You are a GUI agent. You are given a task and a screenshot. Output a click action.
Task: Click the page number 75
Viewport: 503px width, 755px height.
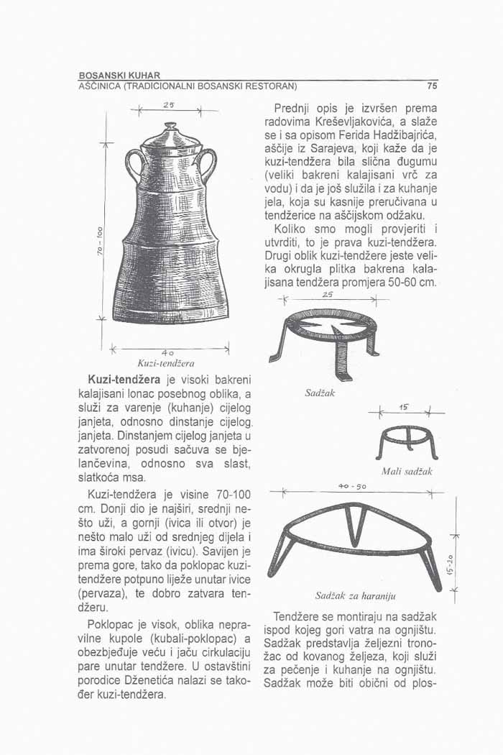[x=431, y=86]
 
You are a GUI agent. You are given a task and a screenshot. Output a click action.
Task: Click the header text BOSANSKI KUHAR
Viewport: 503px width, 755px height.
[x=119, y=75]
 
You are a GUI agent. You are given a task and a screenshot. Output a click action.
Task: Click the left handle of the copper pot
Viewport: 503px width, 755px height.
[x=133, y=165]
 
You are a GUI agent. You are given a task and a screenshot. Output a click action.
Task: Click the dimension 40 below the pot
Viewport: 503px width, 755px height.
[x=167, y=352]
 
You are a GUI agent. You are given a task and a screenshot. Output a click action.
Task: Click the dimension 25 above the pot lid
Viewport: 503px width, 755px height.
[x=167, y=106]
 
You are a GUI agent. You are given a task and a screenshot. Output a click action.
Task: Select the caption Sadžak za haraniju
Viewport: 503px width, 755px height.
[x=351, y=596]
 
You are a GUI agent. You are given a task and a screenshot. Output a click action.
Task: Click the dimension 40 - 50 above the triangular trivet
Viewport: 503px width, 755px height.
[x=352, y=487]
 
